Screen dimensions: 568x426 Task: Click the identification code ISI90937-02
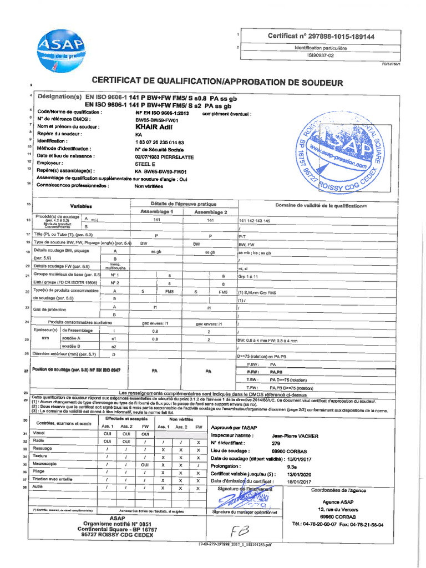click(x=321, y=55)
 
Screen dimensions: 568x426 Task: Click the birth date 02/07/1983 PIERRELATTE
click(x=164, y=156)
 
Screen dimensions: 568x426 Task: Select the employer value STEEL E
click(x=146, y=164)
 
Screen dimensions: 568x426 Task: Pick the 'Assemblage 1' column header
click(x=157, y=212)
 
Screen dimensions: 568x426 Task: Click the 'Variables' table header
click(x=81, y=206)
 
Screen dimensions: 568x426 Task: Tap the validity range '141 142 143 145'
click(x=253, y=221)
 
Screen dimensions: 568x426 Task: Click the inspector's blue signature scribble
click(x=239, y=499)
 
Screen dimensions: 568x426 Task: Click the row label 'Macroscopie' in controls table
click(x=44, y=464)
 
